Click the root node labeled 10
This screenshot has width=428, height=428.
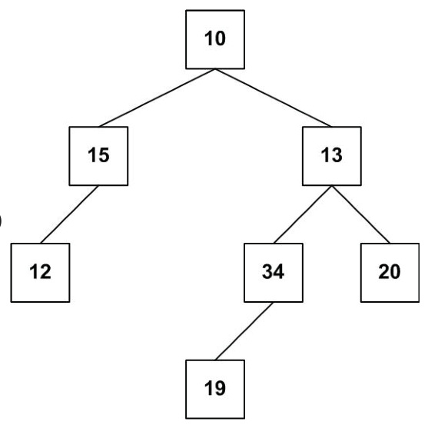click(215, 40)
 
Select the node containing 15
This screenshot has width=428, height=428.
click(98, 156)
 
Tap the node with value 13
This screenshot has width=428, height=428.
click(332, 156)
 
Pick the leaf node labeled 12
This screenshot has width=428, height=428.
click(41, 273)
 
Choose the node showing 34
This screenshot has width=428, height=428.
click(274, 273)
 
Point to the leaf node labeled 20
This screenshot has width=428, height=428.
click(390, 273)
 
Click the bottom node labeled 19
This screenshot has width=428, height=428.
click(215, 390)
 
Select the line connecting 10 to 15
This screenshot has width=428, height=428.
click(157, 98)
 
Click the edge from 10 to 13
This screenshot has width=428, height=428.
click(274, 98)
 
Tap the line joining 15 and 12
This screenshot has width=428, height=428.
click(69, 214)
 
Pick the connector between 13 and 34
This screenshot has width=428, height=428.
click(303, 214)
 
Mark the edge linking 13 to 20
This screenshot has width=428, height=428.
click(361, 214)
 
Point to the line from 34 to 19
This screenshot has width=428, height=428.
click(244, 331)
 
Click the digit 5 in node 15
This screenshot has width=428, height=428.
click(104, 155)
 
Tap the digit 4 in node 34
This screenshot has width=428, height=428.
click(279, 271)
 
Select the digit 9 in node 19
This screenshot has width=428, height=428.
click(220, 388)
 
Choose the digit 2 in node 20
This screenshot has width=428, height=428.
click(383, 271)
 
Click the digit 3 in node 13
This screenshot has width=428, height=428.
click(337, 155)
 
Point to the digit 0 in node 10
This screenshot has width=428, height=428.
click(220, 38)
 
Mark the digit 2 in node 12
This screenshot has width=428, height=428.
click(45, 271)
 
